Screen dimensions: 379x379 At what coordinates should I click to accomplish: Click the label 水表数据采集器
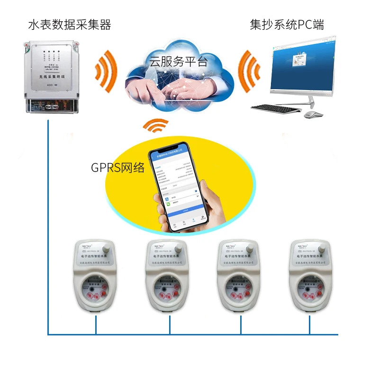click(x=70, y=25)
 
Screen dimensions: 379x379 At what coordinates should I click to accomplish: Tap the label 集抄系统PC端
click(x=287, y=25)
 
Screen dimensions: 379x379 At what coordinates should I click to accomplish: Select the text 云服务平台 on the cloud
click(x=179, y=61)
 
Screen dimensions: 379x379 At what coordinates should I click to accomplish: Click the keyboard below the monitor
click(x=276, y=108)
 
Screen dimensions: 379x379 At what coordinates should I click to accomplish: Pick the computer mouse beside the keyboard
click(x=313, y=115)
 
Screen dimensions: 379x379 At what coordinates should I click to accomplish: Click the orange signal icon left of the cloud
click(x=106, y=71)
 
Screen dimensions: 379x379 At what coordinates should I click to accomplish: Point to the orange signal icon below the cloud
click(x=156, y=126)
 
